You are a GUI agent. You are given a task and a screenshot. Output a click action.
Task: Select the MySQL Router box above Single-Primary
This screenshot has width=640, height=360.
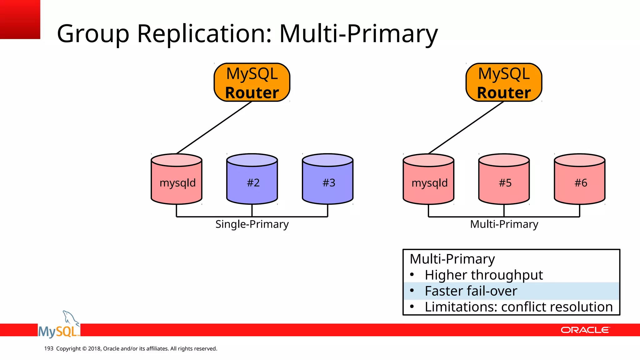coord(252,82)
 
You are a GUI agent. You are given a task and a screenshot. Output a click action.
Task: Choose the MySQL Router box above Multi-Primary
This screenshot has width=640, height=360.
coord(504,82)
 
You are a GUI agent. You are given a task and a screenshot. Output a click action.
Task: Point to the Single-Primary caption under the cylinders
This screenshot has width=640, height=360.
coord(252,224)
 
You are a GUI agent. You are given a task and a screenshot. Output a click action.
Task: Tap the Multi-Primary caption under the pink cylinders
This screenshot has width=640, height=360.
coord(504,224)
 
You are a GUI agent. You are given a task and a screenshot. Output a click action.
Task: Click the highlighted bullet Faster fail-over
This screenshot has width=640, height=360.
coord(471,291)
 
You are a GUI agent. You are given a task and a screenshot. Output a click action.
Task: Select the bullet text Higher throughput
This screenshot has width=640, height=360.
coord(483,275)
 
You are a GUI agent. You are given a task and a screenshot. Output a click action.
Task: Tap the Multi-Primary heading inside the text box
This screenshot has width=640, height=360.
coord(452,259)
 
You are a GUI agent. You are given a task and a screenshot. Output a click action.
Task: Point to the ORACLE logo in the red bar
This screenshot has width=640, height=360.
coord(585,330)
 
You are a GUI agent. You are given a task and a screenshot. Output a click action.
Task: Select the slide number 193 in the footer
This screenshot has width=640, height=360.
coord(49,348)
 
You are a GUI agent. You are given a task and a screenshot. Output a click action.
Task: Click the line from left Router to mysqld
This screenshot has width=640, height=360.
coord(214,127)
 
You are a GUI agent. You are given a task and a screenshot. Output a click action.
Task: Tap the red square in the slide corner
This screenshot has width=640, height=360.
coord(20,19)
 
